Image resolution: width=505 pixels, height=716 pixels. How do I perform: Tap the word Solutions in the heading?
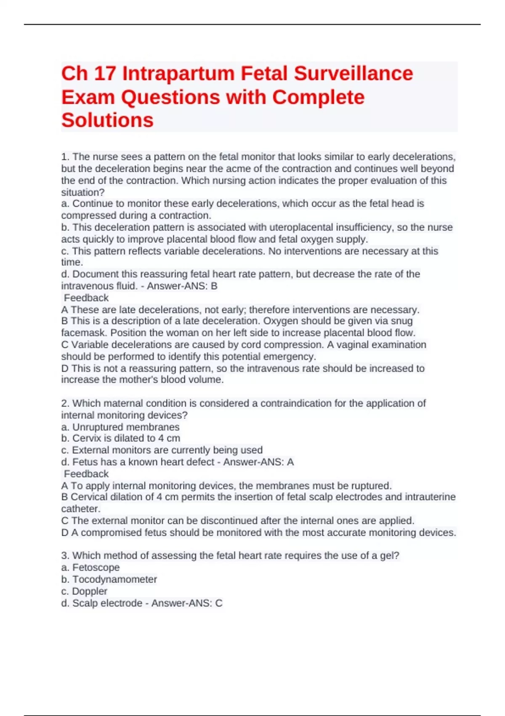click(x=107, y=120)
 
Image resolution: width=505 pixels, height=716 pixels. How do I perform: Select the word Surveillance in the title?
click(x=353, y=74)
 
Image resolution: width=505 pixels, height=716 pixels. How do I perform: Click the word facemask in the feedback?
click(x=83, y=333)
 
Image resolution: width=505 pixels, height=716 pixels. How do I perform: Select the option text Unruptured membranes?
click(x=126, y=427)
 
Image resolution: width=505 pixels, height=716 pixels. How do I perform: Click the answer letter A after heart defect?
click(x=290, y=462)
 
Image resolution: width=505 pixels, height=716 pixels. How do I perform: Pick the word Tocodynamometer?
click(x=114, y=580)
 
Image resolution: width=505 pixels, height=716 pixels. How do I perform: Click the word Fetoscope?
click(x=96, y=568)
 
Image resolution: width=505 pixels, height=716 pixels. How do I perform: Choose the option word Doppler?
click(x=90, y=591)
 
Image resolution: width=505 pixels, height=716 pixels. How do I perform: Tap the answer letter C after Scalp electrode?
click(x=219, y=604)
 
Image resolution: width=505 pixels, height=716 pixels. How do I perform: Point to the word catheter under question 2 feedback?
click(x=80, y=509)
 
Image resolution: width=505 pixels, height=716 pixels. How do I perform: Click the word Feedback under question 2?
click(x=86, y=474)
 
